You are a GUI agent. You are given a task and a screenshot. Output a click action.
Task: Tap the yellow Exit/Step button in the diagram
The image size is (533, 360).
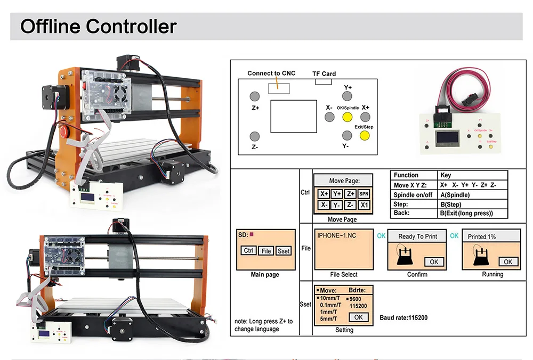click(x=365, y=135)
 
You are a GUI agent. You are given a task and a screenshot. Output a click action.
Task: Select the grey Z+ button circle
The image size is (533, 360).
click(x=255, y=96)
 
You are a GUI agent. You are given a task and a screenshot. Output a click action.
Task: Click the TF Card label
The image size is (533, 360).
click(x=324, y=74)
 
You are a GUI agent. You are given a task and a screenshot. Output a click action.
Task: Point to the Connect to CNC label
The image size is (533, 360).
click(x=271, y=73)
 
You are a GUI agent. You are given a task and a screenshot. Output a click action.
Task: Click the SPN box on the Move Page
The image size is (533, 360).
click(x=364, y=194)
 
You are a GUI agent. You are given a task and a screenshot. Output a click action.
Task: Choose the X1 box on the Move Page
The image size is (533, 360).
click(x=364, y=205)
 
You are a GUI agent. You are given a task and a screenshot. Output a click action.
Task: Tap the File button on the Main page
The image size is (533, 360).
click(x=266, y=251)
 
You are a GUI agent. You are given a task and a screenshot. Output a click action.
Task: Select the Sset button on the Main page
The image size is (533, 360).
click(x=284, y=251)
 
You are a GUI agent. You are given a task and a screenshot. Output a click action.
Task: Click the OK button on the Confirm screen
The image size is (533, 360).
click(x=434, y=261)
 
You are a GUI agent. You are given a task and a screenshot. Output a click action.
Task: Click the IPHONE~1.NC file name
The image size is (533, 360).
click(x=337, y=235)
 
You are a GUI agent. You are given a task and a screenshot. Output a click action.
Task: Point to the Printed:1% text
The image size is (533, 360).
click(x=482, y=236)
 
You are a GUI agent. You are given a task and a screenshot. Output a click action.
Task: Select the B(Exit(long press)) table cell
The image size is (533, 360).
click(x=466, y=214)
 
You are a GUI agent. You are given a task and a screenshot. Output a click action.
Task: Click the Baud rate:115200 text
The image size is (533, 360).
click(x=403, y=318)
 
